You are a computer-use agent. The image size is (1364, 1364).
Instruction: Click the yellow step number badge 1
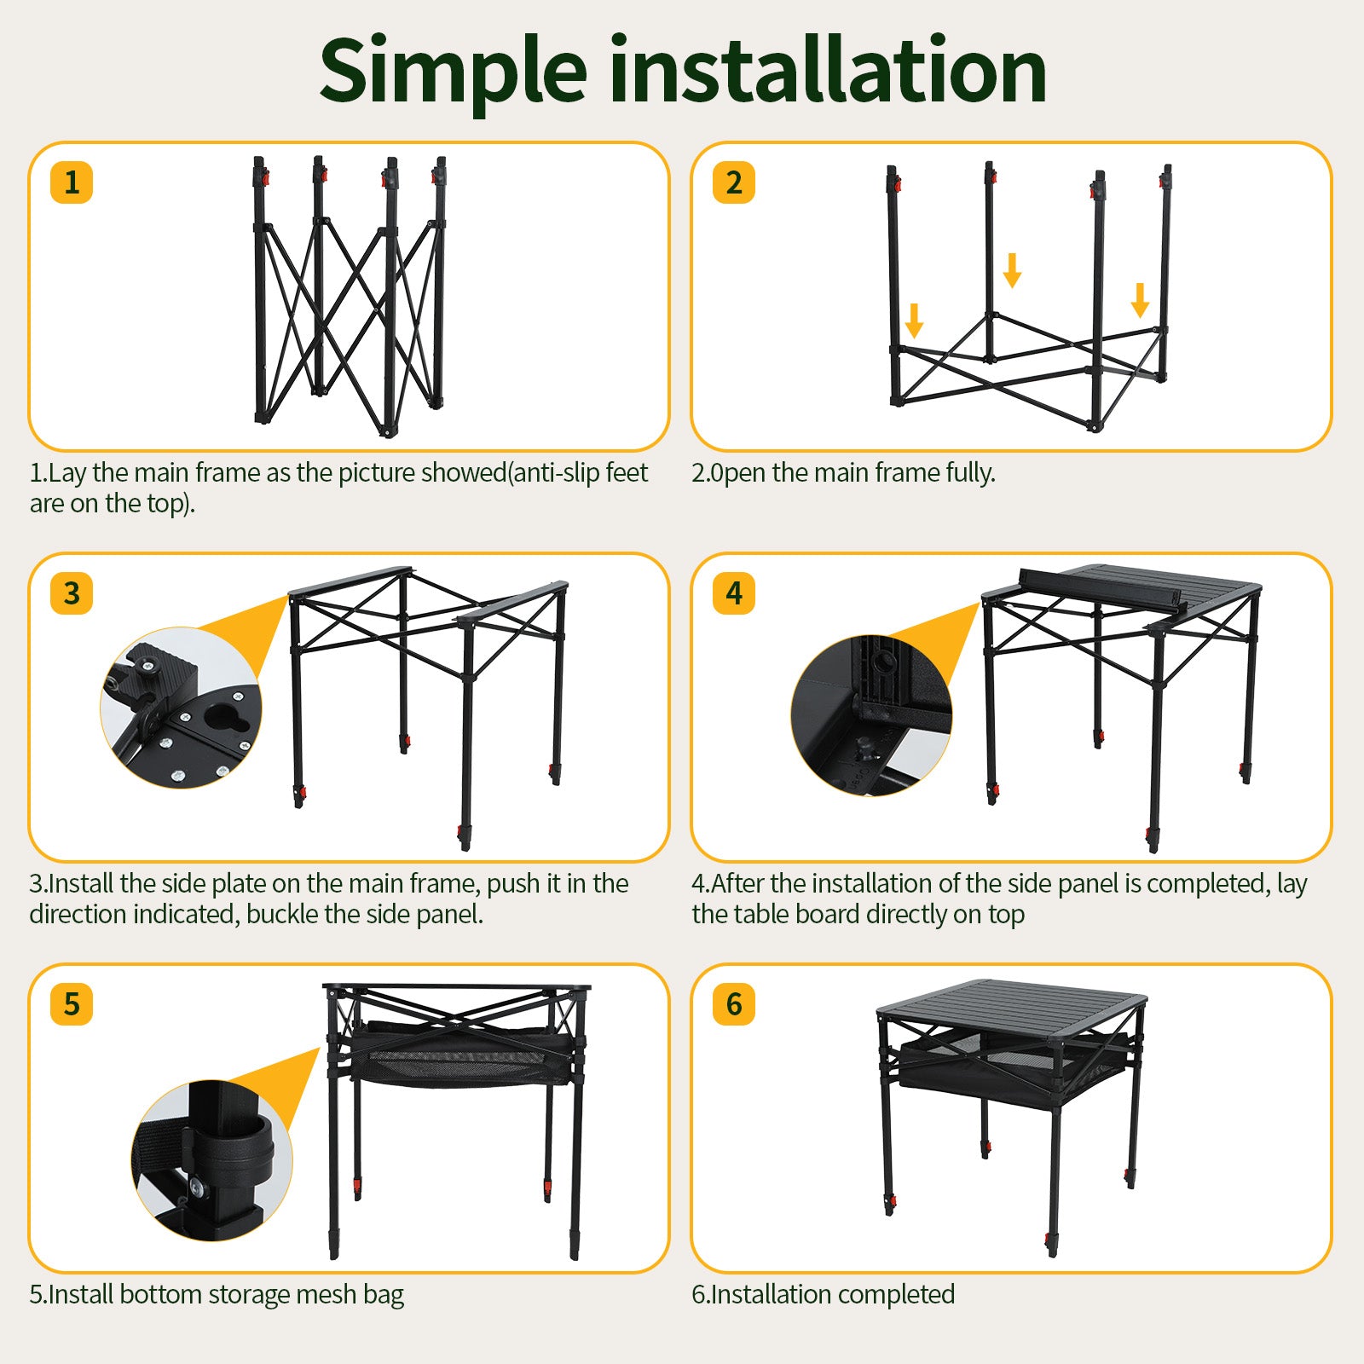click(72, 182)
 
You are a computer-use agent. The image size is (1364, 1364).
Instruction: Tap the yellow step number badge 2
click(734, 182)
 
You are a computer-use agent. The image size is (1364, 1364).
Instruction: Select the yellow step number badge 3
click(72, 593)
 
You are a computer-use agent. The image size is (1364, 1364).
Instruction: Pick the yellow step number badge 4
click(734, 593)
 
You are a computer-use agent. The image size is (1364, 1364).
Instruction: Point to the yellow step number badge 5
click(72, 1004)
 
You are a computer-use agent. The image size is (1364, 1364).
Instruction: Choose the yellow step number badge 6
click(734, 1004)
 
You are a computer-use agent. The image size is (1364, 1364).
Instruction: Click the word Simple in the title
click(453, 72)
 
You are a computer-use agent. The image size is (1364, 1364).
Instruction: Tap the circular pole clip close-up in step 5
click(211, 1160)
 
